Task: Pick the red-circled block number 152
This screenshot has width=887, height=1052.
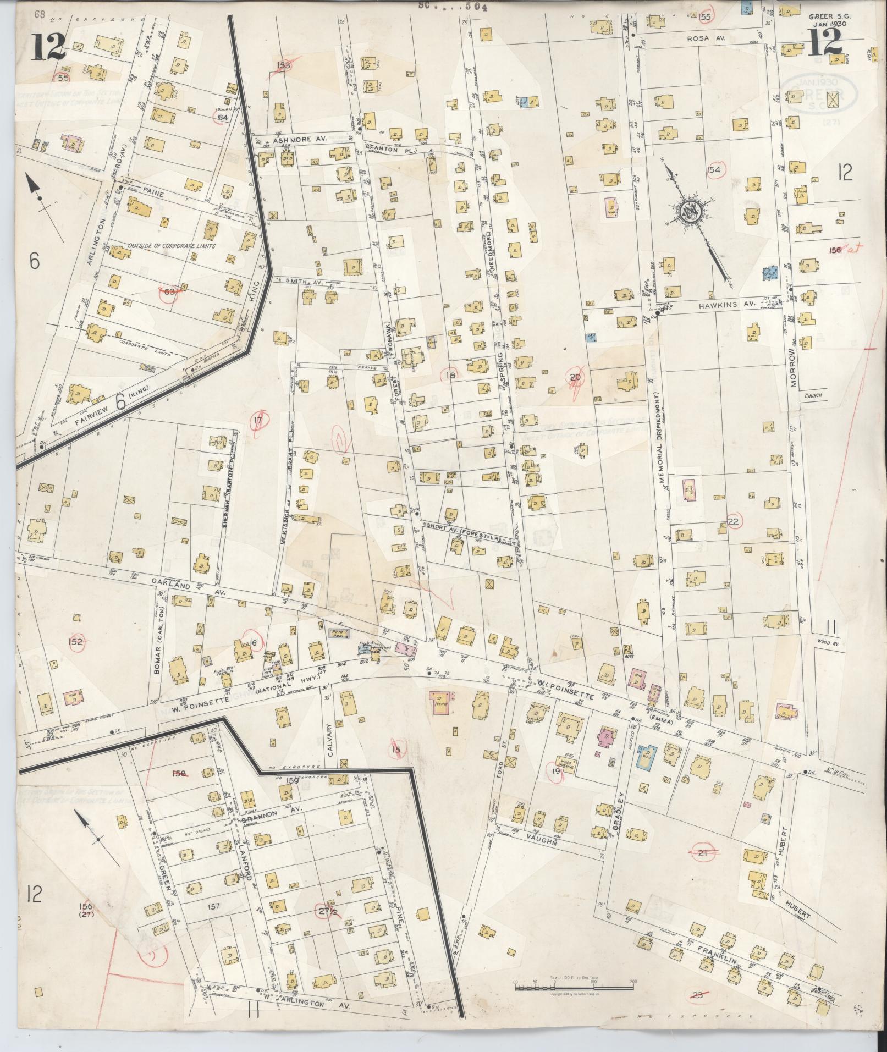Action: click(x=75, y=642)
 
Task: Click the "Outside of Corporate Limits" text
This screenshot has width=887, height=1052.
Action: click(x=172, y=246)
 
